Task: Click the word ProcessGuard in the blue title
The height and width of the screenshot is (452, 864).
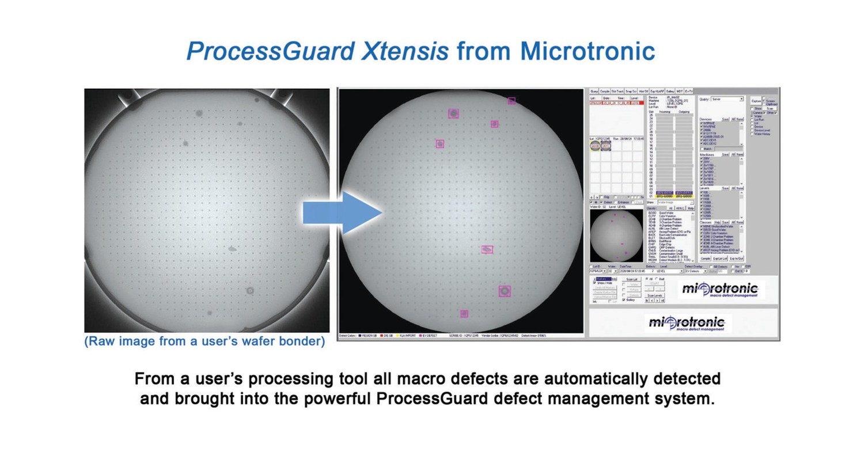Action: pyautogui.click(x=270, y=51)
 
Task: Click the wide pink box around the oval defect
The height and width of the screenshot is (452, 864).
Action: pyautogui.click(x=487, y=249)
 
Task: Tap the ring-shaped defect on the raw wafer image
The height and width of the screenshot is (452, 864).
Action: pyautogui.click(x=250, y=291)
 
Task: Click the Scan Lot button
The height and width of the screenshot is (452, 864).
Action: pyautogui.click(x=631, y=279)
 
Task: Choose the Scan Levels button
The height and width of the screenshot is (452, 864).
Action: pyautogui.click(x=655, y=295)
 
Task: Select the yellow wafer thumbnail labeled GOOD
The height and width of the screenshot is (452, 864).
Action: pyautogui.click(x=596, y=146)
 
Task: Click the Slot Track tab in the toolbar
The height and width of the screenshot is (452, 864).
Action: pyautogui.click(x=617, y=92)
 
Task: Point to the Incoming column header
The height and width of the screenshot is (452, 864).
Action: pyautogui.click(x=663, y=112)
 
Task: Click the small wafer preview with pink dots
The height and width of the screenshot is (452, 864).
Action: pyautogui.click(x=616, y=236)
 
